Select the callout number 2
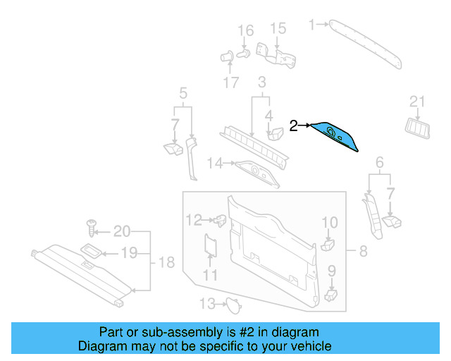click(295, 126)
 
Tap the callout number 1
click(312, 25)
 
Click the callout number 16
click(245, 30)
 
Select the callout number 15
click(278, 28)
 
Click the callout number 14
click(215, 164)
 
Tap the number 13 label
click(206, 304)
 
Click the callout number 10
click(330, 224)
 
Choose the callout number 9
click(331, 270)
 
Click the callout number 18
click(166, 263)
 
